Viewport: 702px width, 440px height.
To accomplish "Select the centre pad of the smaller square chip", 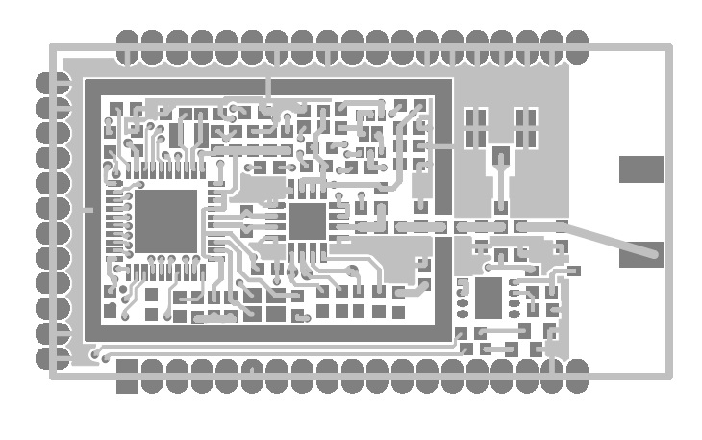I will (x=308, y=220).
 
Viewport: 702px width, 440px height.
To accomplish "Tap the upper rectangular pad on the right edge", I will (x=640, y=169).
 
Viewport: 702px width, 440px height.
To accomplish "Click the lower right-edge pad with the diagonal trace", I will (x=640, y=254).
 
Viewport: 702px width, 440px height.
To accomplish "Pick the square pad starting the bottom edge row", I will (x=127, y=375).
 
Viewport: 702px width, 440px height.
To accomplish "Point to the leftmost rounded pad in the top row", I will (x=127, y=45).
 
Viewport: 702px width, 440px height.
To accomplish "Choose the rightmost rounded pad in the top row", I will (x=577, y=45).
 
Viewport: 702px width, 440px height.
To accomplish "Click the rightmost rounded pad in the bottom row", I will (x=577, y=375).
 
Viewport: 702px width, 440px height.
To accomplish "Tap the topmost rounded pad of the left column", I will (x=51, y=83).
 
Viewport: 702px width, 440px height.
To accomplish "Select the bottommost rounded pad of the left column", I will (x=51, y=358).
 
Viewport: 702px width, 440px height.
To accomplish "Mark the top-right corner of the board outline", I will (x=669, y=45).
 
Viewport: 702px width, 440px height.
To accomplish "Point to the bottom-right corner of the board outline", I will (x=669, y=375).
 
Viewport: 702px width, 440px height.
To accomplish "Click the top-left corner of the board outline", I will (x=52, y=45).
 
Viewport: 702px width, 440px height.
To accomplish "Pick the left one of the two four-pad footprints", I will (x=476, y=129).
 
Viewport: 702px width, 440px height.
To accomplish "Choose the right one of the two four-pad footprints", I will (x=525, y=129).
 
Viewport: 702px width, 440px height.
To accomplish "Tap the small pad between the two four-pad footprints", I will (x=500, y=156).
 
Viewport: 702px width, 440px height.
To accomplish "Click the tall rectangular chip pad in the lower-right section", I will (x=489, y=298).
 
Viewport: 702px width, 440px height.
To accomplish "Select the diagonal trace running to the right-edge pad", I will (x=606, y=239).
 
